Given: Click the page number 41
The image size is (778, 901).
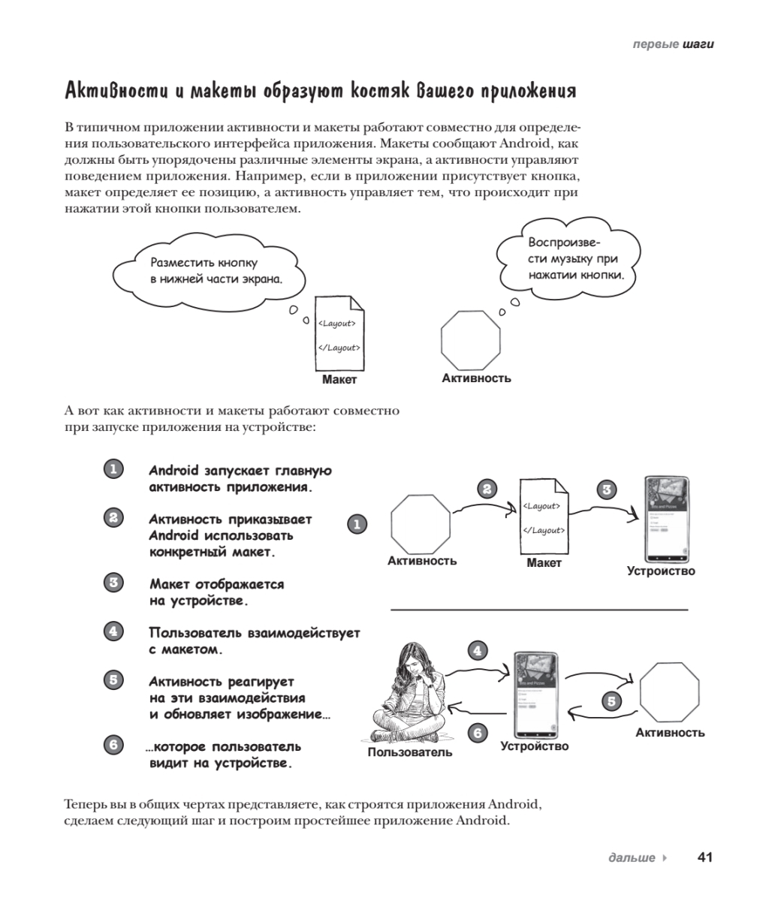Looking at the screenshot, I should [x=705, y=857].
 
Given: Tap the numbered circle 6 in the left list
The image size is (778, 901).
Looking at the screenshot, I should [x=113, y=745].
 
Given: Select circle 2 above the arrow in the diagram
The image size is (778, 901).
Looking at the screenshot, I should [x=487, y=489].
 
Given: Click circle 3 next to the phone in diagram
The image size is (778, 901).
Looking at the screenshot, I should [x=607, y=490].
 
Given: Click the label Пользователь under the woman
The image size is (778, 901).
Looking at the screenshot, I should [x=409, y=752].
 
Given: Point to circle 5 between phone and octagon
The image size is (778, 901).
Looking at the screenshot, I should [x=612, y=701].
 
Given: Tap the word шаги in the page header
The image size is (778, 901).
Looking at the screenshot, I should [x=698, y=44].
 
